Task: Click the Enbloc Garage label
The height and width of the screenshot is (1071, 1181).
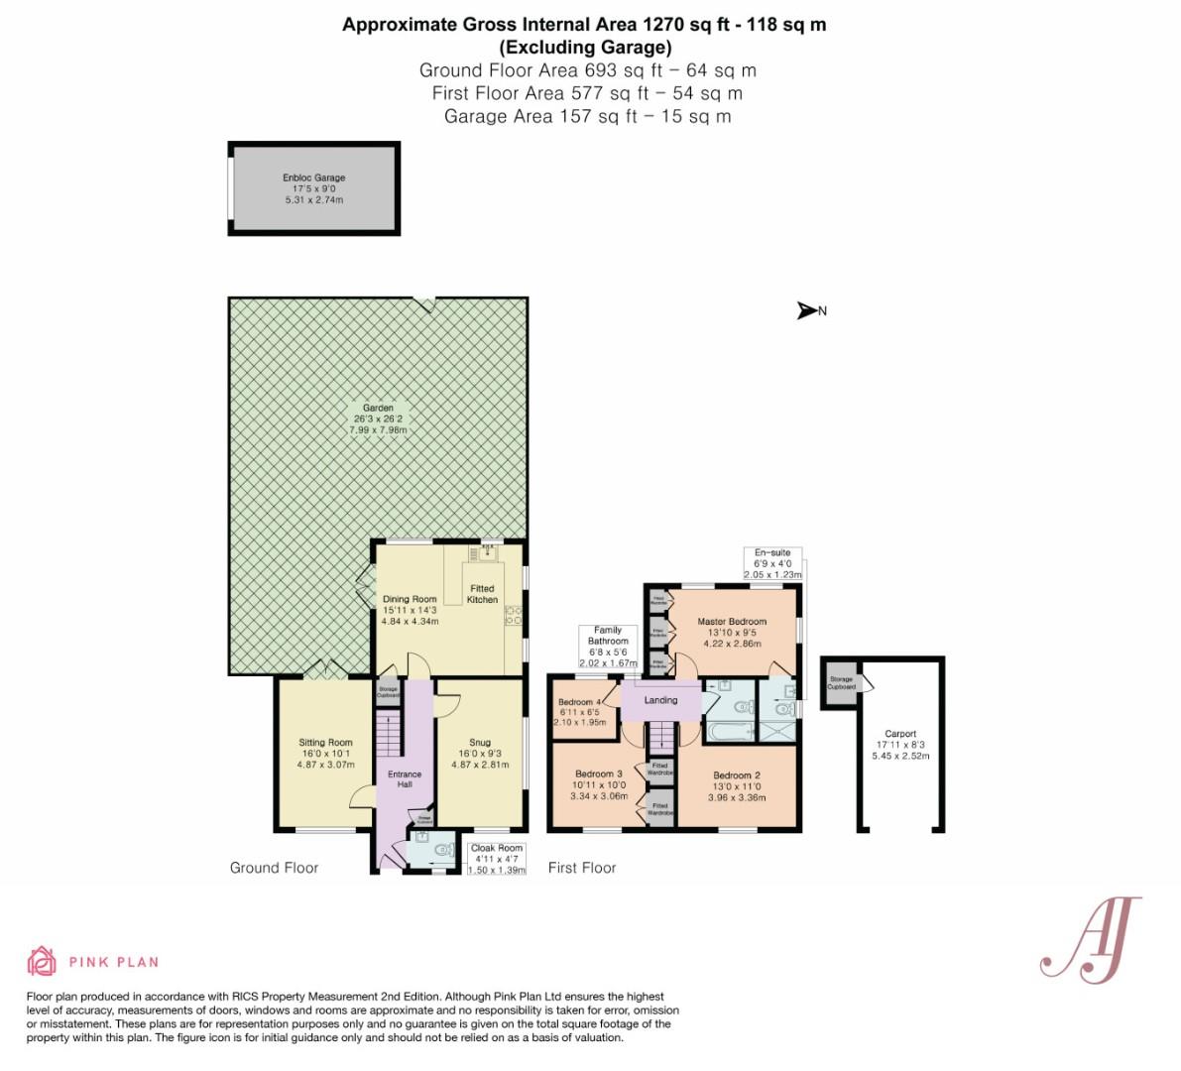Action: click(313, 188)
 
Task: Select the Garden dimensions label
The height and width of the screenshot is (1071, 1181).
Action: click(378, 419)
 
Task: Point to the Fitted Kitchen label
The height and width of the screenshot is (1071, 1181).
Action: click(482, 594)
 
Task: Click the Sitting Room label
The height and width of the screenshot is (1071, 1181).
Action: click(326, 753)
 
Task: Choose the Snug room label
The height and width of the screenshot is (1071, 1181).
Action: click(480, 753)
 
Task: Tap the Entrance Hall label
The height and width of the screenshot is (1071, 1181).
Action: click(405, 779)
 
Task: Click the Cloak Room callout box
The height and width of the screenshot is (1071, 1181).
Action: click(496, 858)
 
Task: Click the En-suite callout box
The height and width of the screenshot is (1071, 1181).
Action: click(772, 563)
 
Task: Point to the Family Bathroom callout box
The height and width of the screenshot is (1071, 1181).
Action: click(607, 647)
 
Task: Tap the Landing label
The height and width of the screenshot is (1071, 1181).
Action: click(660, 700)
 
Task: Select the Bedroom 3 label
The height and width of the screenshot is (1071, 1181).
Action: click(598, 784)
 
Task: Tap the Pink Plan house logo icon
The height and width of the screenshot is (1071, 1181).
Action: click(42, 961)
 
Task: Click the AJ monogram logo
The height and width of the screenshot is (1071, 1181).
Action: click(1090, 937)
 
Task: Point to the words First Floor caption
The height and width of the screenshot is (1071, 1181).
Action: click(582, 868)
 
